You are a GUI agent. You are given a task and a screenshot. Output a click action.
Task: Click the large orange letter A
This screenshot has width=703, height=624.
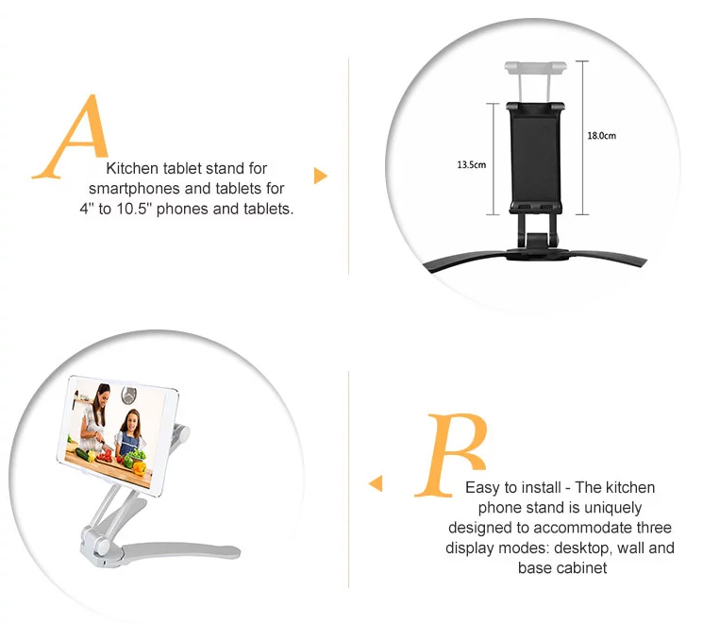click(72, 138)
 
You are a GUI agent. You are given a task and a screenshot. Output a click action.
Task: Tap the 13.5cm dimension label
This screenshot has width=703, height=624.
click(471, 164)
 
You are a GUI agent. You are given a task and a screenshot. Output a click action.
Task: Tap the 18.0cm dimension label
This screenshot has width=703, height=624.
click(601, 136)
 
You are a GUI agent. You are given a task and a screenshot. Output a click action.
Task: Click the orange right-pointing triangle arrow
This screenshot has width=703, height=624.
click(320, 176)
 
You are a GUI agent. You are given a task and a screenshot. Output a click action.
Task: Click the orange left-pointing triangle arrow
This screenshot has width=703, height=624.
click(376, 483)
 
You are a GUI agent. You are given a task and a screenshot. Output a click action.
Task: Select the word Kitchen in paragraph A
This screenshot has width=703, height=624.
click(131, 169)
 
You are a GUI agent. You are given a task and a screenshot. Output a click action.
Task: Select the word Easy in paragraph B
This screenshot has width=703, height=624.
click(482, 488)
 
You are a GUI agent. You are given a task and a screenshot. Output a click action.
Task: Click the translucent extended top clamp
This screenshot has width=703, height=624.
click(536, 69)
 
